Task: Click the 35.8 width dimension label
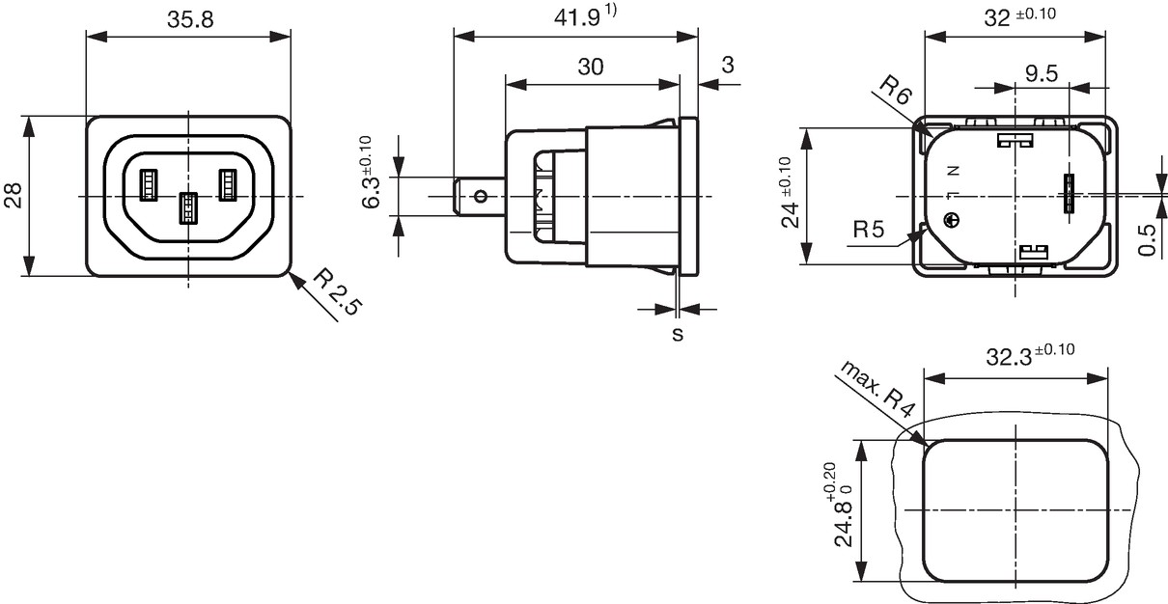pos(190,20)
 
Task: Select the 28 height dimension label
pos(14,196)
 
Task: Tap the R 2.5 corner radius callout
pos(336,291)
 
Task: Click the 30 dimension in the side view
pos(591,67)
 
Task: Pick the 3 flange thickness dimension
pos(728,66)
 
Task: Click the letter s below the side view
pos(678,334)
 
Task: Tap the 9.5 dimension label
pos(1042,73)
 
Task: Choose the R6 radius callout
pos(896,89)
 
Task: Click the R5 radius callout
pos(869,229)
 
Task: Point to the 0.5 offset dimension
pos(1146,240)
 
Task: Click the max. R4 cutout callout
pos(877,389)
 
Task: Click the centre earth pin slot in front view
pos(188,208)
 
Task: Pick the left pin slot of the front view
pos(149,185)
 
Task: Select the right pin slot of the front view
pos(228,185)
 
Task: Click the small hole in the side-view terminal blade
pos(482,197)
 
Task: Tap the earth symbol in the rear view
pos(952,220)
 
